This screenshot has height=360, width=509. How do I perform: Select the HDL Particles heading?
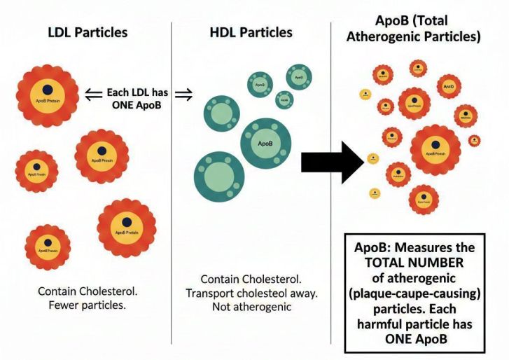pos(251,32)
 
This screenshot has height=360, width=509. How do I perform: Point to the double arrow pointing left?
pos(92,92)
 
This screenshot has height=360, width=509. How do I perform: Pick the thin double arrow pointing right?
pos(183,99)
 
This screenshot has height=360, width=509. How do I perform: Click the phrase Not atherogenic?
pos(251,306)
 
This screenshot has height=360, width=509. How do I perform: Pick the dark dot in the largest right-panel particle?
pos(435,142)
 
